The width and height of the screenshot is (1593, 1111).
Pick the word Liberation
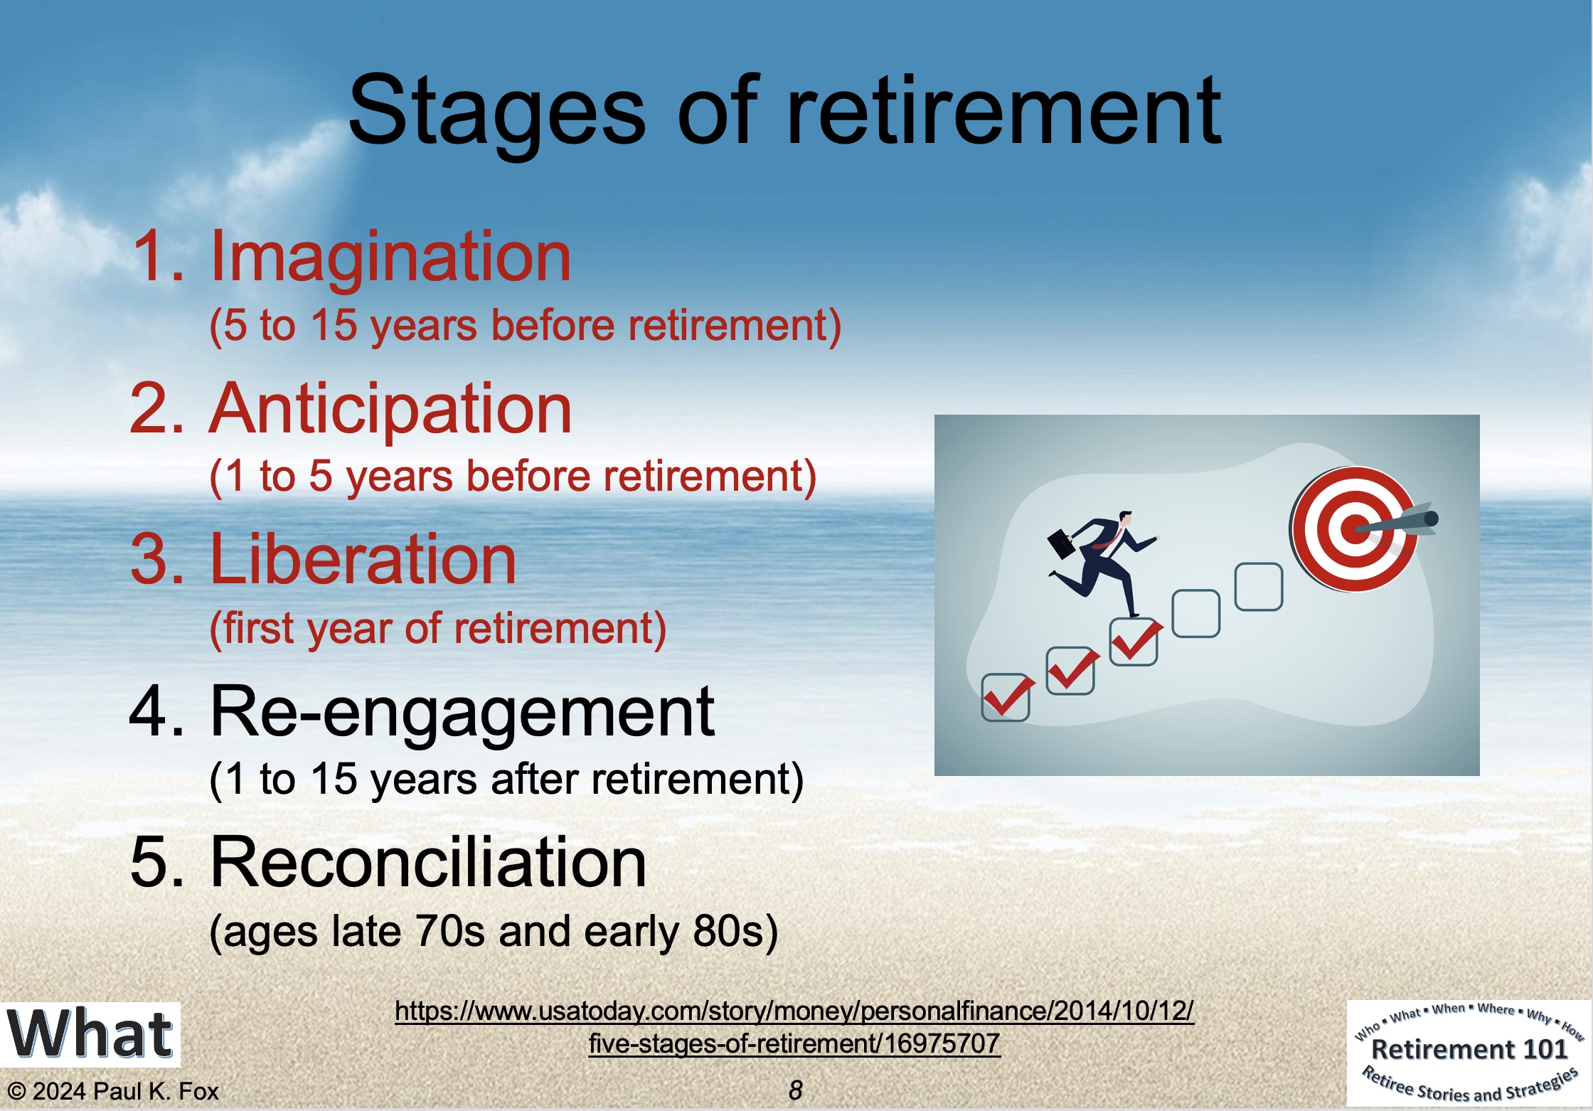(x=363, y=560)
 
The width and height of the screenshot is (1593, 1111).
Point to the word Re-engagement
(x=462, y=713)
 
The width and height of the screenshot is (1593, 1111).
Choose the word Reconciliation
(x=428, y=862)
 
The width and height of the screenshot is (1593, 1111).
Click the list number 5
(x=150, y=863)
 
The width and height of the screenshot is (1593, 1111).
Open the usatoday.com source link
(x=794, y=1026)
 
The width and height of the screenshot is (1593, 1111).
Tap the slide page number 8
(x=795, y=1090)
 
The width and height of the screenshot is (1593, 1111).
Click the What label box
(x=90, y=1034)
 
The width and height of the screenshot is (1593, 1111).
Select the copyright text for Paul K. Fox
(x=112, y=1091)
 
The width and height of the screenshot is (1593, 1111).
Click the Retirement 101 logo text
(x=1469, y=1049)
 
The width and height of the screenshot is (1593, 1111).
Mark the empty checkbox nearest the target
(x=1259, y=587)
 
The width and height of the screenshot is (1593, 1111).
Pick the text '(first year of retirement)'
(x=438, y=629)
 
